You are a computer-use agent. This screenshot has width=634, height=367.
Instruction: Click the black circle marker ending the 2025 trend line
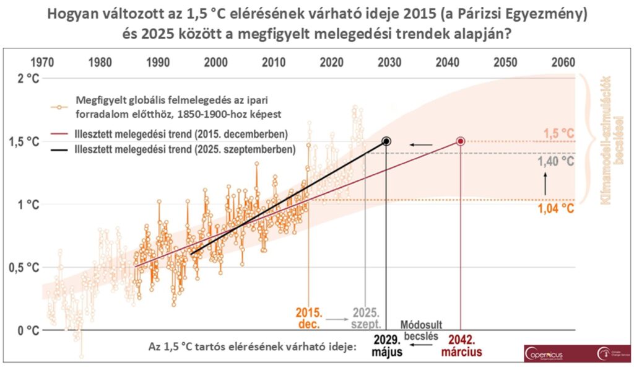click(x=386, y=141)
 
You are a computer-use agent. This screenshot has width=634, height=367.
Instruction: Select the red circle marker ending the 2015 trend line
click(x=461, y=141)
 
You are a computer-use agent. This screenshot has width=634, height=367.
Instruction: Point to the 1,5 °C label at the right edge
click(x=558, y=133)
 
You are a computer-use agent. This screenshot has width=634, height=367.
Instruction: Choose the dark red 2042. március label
click(x=460, y=346)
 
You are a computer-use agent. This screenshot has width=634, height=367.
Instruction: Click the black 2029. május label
click(x=388, y=346)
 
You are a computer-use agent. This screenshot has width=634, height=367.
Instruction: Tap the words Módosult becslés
click(x=420, y=330)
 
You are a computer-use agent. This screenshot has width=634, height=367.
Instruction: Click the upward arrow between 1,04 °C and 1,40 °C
click(x=545, y=185)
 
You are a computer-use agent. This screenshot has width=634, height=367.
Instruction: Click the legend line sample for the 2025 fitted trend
click(x=60, y=149)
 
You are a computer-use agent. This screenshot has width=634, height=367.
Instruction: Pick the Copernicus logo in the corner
click(x=547, y=352)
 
